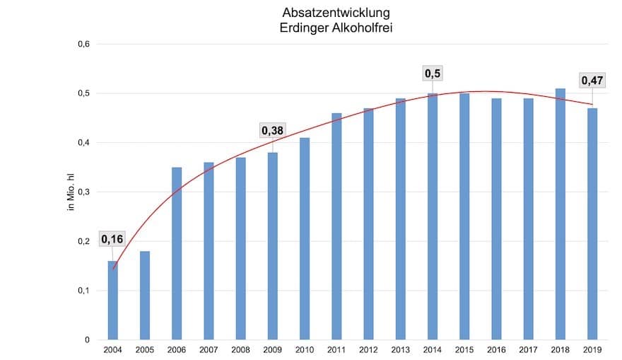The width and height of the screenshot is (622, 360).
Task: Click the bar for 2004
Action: [x=113, y=301]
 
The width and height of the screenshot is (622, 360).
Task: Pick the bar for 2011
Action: [x=336, y=226]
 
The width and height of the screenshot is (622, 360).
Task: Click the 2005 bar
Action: [x=145, y=296]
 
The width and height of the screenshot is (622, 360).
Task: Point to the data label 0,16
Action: [x=112, y=239]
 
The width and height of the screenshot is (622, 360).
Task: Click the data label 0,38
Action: [x=273, y=130]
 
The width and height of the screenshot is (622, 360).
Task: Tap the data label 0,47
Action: [x=592, y=81]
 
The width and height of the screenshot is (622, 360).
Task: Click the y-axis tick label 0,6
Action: [x=83, y=45]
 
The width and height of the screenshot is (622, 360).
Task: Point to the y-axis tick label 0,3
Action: [x=83, y=192]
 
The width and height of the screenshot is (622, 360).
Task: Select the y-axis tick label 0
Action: [x=87, y=340]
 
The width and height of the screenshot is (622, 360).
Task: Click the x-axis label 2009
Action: [x=272, y=350]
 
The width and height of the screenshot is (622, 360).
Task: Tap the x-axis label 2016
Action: [x=496, y=350]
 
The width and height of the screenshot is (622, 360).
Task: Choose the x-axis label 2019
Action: [x=592, y=350]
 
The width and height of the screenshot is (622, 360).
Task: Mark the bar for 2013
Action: [x=401, y=219]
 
